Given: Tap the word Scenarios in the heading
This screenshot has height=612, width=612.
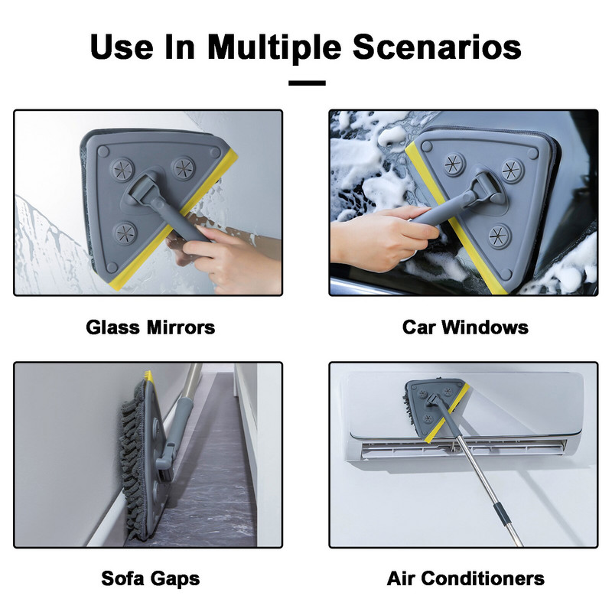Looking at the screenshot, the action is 437,47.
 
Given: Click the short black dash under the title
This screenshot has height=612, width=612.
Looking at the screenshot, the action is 307,83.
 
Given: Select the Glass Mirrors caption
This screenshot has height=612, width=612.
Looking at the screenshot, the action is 150,327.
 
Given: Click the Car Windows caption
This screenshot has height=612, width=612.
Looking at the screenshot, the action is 465,327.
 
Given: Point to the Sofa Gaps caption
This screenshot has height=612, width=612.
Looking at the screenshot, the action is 150,578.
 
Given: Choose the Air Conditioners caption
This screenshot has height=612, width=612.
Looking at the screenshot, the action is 466,578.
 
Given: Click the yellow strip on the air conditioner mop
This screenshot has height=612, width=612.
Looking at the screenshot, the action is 447,413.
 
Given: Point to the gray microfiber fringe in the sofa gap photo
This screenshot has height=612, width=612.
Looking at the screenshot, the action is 132,461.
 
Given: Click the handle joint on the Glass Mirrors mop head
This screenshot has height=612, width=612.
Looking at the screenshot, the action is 142,187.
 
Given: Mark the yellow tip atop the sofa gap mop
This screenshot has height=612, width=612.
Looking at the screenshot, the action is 148,375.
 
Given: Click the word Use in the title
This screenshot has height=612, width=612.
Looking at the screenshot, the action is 122,47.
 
